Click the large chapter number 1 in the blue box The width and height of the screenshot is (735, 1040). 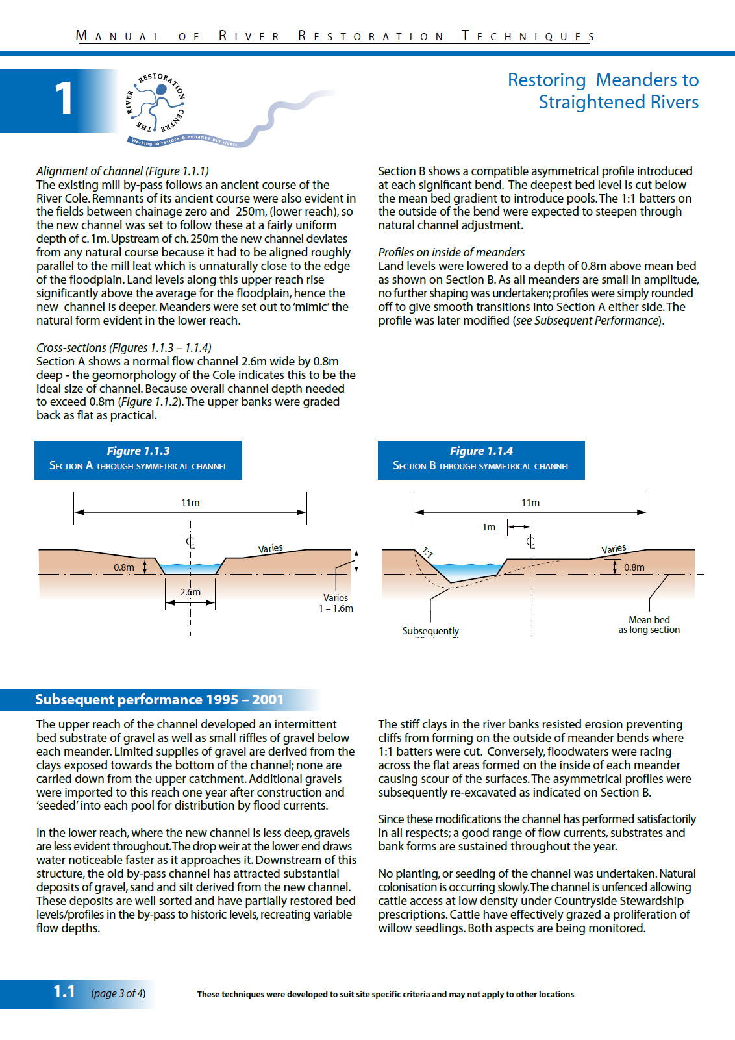click(x=63, y=99)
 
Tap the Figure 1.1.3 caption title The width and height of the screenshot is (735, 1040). click(x=138, y=451)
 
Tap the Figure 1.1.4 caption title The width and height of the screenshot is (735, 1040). click(x=481, y=451)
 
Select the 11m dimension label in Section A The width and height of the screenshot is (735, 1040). click(x=190, y=502)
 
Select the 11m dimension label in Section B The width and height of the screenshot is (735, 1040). click(x=530, y=502)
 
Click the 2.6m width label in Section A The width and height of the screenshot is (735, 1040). click(x=190, y=592)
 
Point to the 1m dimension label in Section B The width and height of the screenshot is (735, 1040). click(x=489, y=527)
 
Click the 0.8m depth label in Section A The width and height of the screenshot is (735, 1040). click(x=124, y=567)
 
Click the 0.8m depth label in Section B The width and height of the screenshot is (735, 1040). click(x=634, y=567)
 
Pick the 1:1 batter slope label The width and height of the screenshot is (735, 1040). click(x=427, y=552)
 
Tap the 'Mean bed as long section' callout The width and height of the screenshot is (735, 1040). click(x=649, y=625)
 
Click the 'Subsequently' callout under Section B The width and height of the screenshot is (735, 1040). click(x=430, y=631)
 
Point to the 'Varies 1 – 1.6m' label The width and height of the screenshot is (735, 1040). click(x=336, y=603)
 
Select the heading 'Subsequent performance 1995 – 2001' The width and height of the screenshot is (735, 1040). click(x=159, y=699)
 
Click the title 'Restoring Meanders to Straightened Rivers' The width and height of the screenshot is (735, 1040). click(x=603, y=91)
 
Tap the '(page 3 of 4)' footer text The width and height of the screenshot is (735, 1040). click(x=118, y=993)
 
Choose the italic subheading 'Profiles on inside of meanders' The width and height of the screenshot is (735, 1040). click(x=451, y=252)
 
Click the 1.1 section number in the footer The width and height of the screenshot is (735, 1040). click(x=64, y=992)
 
